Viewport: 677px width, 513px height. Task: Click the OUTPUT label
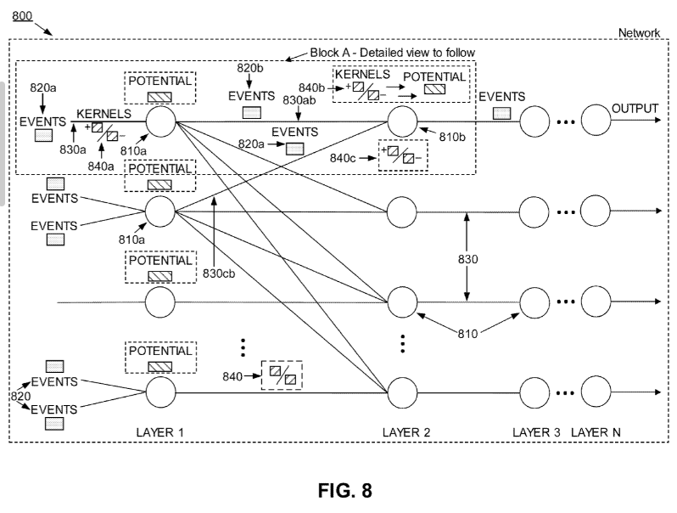pyautogui.click(x=635, y=109)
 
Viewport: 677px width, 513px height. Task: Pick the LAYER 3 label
pyautogui.click(x=536, y=432)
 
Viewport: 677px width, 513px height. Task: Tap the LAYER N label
pyautogui.click(x=596, y=432)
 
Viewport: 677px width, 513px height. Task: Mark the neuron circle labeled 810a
pyautogui.click(x=159, y=121)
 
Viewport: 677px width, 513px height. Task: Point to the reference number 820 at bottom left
pyautogui.click(x=20, y=397)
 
